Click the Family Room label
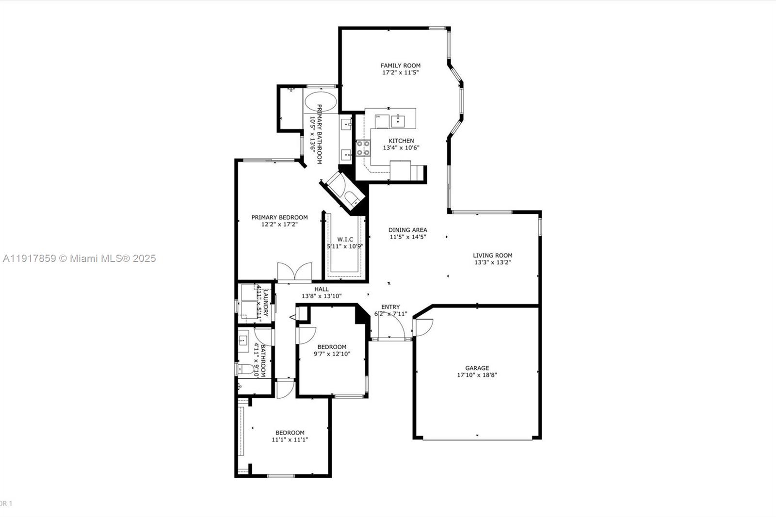pos(400,65)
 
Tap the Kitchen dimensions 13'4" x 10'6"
pos(401,148)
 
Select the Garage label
pos(477,368)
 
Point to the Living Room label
pos(492,255)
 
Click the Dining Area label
pos(407,230)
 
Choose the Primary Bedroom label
pos(279,217)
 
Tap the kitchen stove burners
pos(363,148)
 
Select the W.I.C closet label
pos(345,239)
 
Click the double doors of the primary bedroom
pos(294,272)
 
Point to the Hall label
pos(321,289)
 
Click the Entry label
pos(390,307)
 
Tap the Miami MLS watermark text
pos(79,258)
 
